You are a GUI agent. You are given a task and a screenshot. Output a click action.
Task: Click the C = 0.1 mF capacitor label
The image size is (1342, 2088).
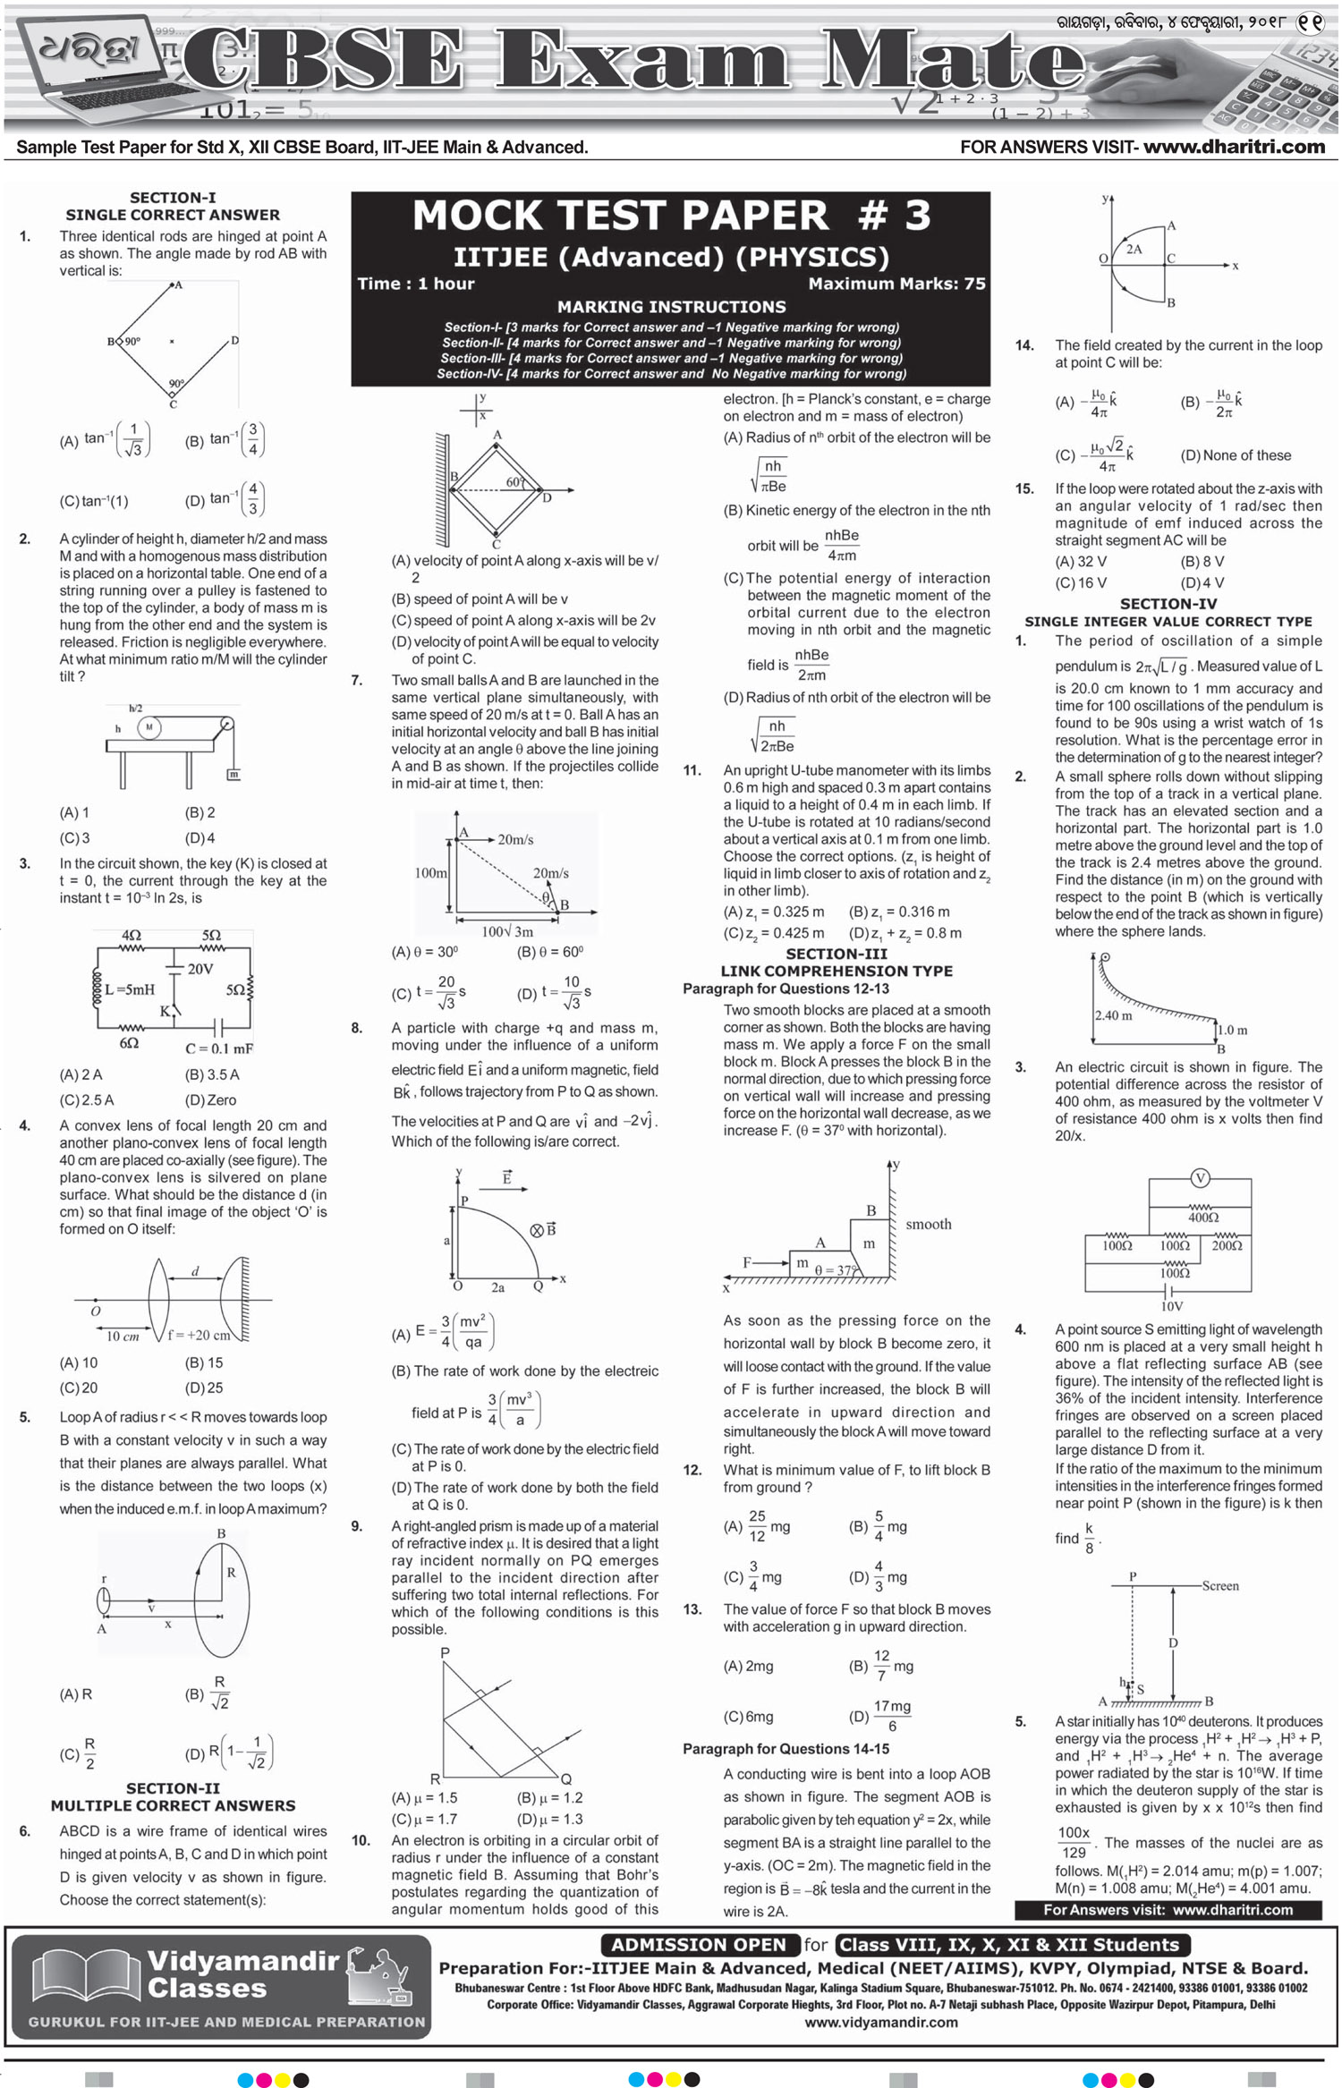pos(219,1048)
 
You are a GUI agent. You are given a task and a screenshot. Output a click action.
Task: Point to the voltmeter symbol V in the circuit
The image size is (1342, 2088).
pos(1200,1177)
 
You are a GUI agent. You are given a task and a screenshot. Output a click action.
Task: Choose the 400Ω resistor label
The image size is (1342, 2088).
pos(1203,1218)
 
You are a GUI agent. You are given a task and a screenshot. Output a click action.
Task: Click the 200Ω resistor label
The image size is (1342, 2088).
pos(1227,1246)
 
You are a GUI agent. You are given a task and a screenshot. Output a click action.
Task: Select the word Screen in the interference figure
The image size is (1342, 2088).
pos(1220,1586)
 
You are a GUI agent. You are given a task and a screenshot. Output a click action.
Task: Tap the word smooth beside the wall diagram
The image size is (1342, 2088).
pos(929,1224)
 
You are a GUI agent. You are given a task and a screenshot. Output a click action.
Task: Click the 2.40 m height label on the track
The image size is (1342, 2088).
pos(1113,1015)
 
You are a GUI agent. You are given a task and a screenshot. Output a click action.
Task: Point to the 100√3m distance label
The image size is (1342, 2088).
pos(507,931)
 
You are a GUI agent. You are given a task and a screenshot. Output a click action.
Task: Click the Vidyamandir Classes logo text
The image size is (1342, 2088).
pos(242,1974)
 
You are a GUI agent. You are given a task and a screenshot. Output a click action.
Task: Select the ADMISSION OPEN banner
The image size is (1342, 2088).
pos(699,1944)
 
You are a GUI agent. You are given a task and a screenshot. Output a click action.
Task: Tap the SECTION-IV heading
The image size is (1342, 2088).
pos(1168,604)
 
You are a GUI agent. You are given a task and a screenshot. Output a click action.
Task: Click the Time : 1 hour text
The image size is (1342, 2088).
pos(416,284)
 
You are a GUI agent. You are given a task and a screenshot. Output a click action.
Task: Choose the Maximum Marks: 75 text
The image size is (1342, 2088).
pos(896,284)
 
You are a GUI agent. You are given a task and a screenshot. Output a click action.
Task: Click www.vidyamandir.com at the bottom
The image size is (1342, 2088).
pos(881,2023)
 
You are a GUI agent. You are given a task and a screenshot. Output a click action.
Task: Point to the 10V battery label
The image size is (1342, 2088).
pos(1172,1306)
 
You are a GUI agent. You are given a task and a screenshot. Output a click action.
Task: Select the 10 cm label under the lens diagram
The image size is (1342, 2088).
pos(123,1337)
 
